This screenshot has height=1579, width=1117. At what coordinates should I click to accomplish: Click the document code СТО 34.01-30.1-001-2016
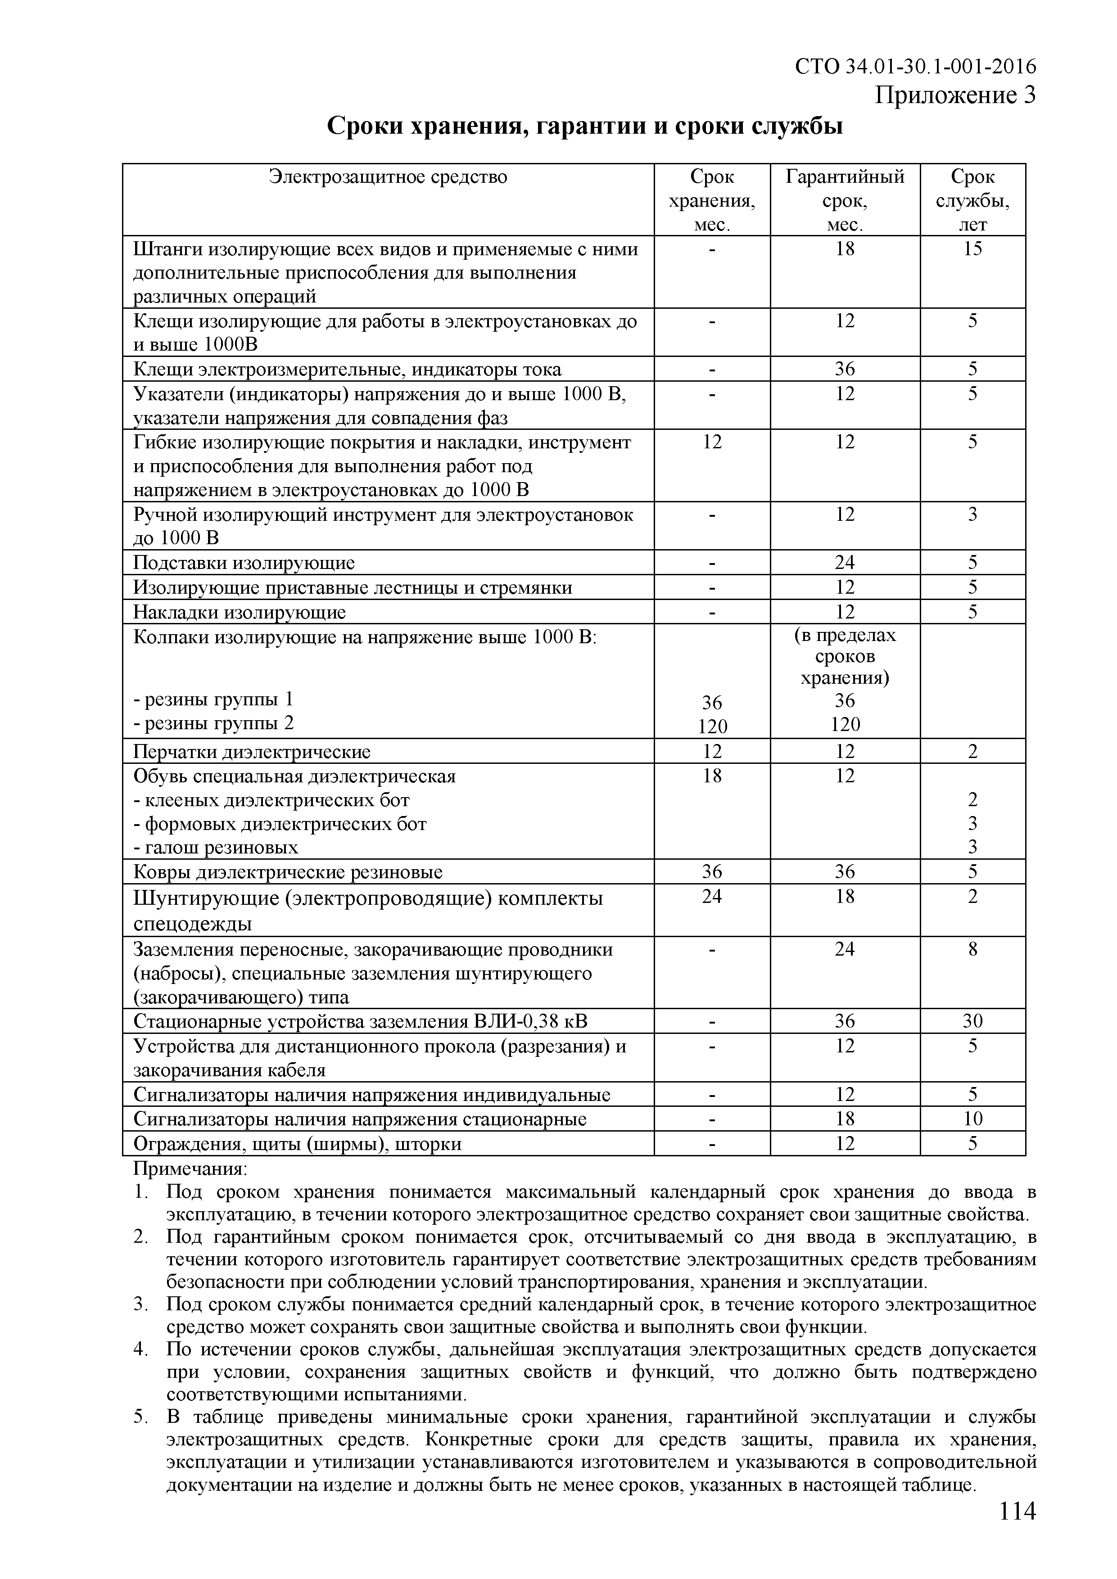(x=915, y=66)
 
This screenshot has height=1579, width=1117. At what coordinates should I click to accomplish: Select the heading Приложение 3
(x=954, y=95)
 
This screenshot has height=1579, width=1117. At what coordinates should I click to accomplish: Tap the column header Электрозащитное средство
(x=388, y=177)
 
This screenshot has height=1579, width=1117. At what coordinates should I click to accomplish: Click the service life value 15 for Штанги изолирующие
(x=972, y=249)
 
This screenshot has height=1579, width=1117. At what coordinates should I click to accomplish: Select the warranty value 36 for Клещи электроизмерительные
(x=845, y=369)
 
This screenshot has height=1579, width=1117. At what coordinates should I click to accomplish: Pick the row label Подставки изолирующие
(x=244, y=563)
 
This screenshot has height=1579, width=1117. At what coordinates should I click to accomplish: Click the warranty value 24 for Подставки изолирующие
(x=845, y=563)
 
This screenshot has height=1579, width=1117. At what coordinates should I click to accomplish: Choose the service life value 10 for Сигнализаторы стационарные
(x=972, y=1119)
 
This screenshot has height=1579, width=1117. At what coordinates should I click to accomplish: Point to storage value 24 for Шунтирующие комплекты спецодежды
(x=712, y=897)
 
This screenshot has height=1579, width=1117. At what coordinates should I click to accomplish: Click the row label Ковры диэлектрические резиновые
(x=288, y=873)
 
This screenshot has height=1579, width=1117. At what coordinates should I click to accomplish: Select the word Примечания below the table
(x=190, y=1168)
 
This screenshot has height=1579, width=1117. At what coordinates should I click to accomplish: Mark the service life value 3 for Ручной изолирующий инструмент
(x=972, y=514)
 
